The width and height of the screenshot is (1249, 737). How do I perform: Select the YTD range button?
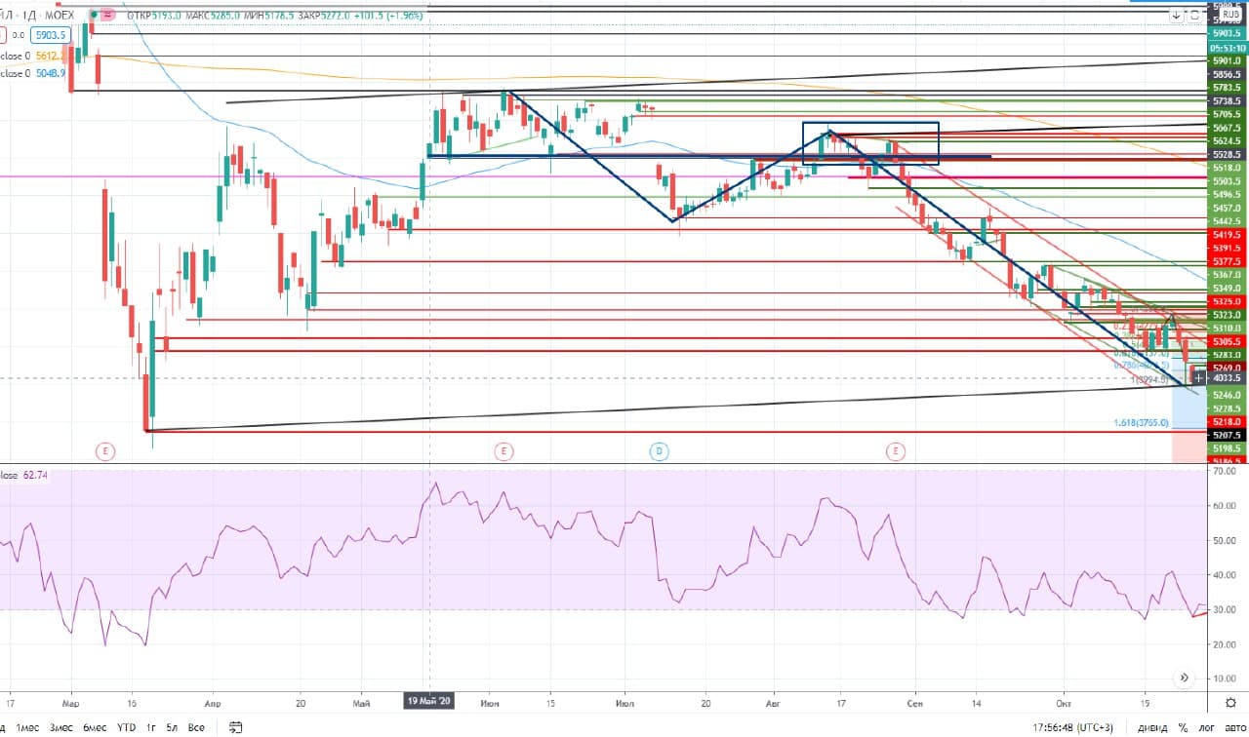click(126, 727)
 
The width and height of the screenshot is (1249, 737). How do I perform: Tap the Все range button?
click(196, 727)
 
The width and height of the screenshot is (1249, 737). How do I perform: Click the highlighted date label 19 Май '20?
click(430, 701)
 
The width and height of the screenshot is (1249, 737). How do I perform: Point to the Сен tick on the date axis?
click(914, 701)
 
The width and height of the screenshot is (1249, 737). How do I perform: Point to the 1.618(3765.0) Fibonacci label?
click(1141, 423)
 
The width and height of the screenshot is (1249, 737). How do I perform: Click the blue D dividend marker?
click(659, 450)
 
